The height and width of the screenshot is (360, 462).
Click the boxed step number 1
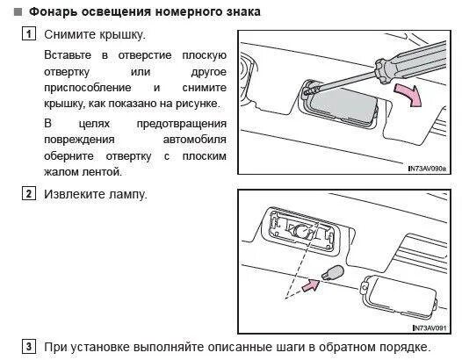(29, 33)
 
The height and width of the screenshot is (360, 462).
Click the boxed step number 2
(29, 193)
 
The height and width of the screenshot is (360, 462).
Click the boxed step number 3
(29, 346)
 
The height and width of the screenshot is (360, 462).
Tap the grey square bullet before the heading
(18, 11)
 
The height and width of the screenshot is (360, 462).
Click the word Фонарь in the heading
(54, 11)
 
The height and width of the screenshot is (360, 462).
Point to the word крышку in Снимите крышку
(123, 34)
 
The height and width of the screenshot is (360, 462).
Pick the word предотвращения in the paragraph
(182, 124)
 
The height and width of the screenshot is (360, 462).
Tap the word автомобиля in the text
(194, 140)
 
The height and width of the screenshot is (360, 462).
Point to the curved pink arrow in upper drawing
(409, 95)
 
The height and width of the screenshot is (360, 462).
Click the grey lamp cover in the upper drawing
(343, 106)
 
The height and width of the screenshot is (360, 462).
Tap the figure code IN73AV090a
(427, 169)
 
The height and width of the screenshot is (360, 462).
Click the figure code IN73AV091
(430, 328)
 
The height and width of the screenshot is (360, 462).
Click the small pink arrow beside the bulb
(311, 285)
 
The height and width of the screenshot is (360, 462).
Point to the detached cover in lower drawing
(399, 297)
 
